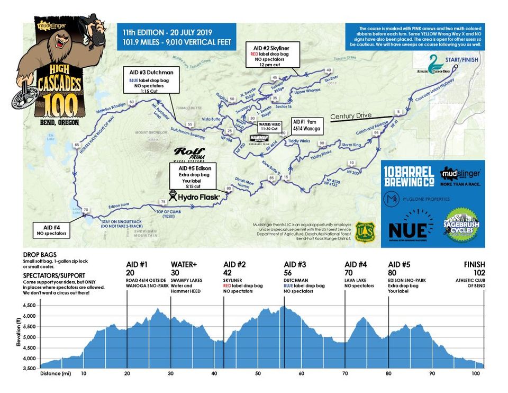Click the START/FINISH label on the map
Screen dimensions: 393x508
pos(461,60)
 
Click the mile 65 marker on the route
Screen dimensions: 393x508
pos(77,145)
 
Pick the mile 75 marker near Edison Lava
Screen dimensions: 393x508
pos(162,202)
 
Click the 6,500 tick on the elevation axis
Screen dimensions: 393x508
pos(29,306)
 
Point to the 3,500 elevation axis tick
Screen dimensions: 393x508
pos(29,368)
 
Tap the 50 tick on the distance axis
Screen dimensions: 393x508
pos(258,373)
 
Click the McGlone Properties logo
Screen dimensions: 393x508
pos(416,199)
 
